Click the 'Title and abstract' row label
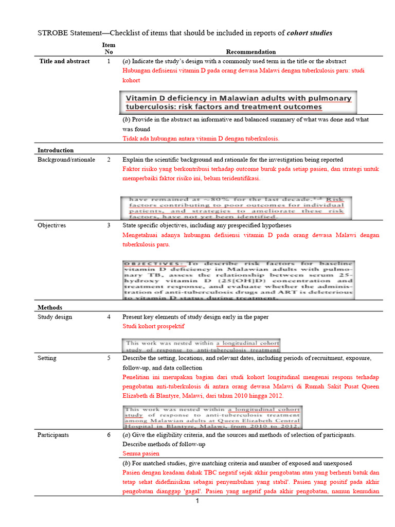coord(64,61)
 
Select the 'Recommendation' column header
coord(250,51)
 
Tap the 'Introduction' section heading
coord(56,150)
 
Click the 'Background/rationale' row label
coord(66,160)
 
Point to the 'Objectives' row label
coord(51,225)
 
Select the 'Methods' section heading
coord(50,307)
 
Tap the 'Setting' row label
coord(47,358)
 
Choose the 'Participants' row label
coord(53,435)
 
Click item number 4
coord(109,317)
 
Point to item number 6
coord(109,435)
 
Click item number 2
coord(109,160)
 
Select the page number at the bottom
coord(197,501)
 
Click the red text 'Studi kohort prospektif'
coord(153,326)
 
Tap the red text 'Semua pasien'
coord(141,453)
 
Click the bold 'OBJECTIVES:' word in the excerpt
coord(154,263)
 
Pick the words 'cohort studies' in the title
coord(310,33)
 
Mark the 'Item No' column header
coord(109,48)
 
